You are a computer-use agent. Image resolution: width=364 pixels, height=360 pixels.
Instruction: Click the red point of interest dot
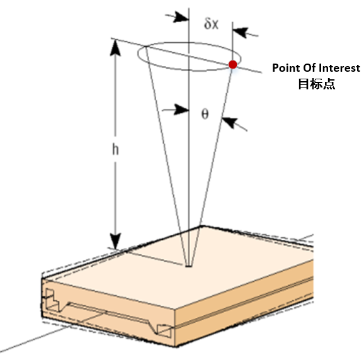tap(232, 64)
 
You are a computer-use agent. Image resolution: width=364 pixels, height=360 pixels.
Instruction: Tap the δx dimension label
tap(211, 23)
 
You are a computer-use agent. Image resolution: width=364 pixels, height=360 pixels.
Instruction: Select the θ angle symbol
tap(205, 114)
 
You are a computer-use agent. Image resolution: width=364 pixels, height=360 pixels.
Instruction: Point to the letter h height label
tap(115, 149)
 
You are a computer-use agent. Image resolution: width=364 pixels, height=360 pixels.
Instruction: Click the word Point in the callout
tap(286, 68)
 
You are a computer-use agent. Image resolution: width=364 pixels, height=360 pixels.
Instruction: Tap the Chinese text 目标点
tap(316, 84)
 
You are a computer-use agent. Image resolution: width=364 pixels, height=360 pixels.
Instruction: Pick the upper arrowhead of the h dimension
tap(115, 48)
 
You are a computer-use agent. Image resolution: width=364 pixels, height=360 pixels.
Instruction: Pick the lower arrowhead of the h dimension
tap(115, 241)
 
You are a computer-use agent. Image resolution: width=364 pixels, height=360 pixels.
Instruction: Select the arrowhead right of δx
tap(241, 32)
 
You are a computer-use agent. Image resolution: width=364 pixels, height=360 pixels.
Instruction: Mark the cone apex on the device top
tap(189, 266)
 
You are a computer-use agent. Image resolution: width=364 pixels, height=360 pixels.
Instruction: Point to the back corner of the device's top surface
tap(201, 226)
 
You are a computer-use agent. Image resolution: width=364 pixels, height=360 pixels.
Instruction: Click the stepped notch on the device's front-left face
tap(54, 300)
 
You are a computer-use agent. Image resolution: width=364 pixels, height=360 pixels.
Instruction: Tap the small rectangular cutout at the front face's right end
tap(164, 331)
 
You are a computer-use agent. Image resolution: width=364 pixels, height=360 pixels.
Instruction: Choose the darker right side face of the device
tap(244, 304)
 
